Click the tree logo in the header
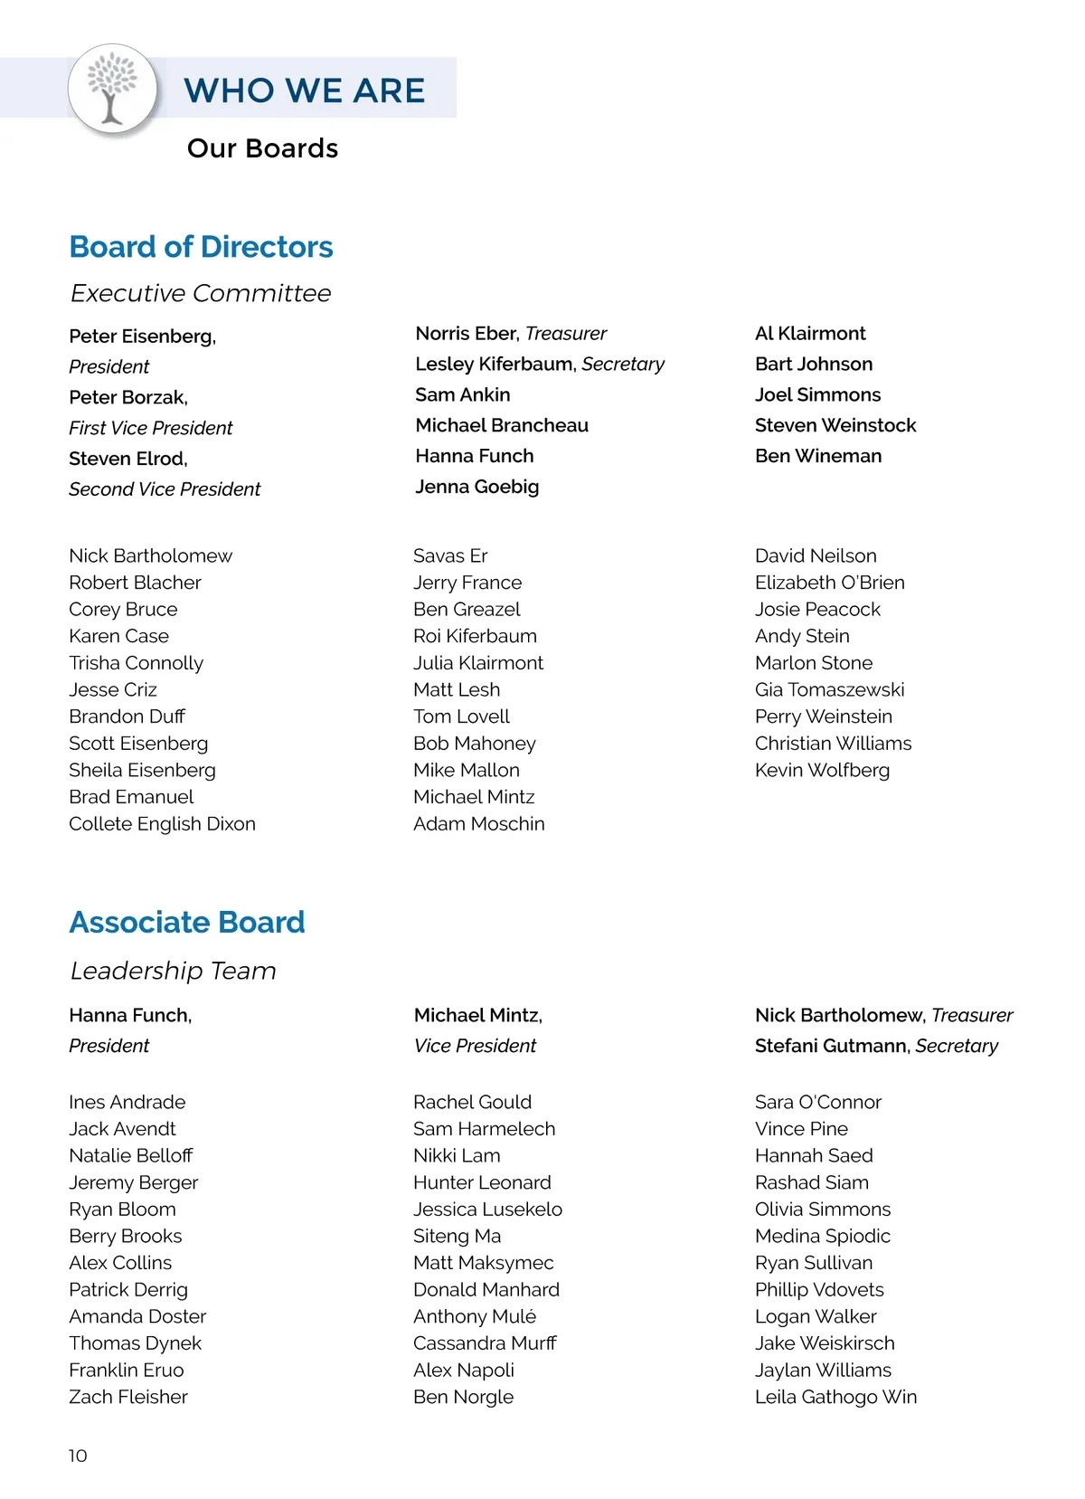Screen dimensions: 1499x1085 coord(112,89)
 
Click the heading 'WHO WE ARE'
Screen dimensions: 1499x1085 coord(304,90)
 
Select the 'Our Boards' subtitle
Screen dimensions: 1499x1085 coord(262,148)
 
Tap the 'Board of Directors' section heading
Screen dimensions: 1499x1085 coord(201,247)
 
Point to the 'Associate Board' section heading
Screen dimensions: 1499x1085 coord(187,922)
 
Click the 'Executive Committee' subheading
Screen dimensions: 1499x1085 coord(201,293)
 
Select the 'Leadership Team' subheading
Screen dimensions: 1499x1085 coord(173,971)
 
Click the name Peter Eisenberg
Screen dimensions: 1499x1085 coord(142,337)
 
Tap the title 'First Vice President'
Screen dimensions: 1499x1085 coord(150,428)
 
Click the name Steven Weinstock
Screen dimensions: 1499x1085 coord(835,425)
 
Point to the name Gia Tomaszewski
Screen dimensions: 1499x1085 coord(829,689)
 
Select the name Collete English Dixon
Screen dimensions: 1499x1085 coord(162,824)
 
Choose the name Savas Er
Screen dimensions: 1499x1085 coord(450,555)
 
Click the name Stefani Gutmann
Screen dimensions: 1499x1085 coord(831,1046)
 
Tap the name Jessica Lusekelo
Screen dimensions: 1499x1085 coord(487,1210)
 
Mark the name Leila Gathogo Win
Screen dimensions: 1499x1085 coord(835,1397)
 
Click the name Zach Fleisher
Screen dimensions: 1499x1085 coord(128,1397)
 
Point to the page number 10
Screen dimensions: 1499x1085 coord(78,1456)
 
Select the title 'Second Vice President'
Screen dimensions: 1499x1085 coord(165,489)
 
